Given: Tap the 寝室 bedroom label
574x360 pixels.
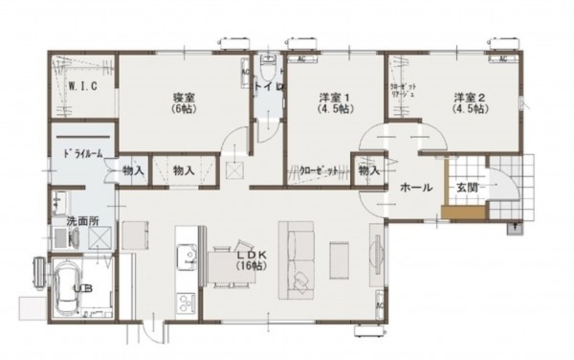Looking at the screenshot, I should click(184, 102).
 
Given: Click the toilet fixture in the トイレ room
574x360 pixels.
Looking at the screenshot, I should click(269, 74).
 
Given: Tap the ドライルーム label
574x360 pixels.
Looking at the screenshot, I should click(83, 153).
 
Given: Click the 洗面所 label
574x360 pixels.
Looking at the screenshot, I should click(82, 221).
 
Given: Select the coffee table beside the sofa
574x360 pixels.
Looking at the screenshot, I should click(339, 257).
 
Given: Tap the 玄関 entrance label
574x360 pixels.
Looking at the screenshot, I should click(467, 188).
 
